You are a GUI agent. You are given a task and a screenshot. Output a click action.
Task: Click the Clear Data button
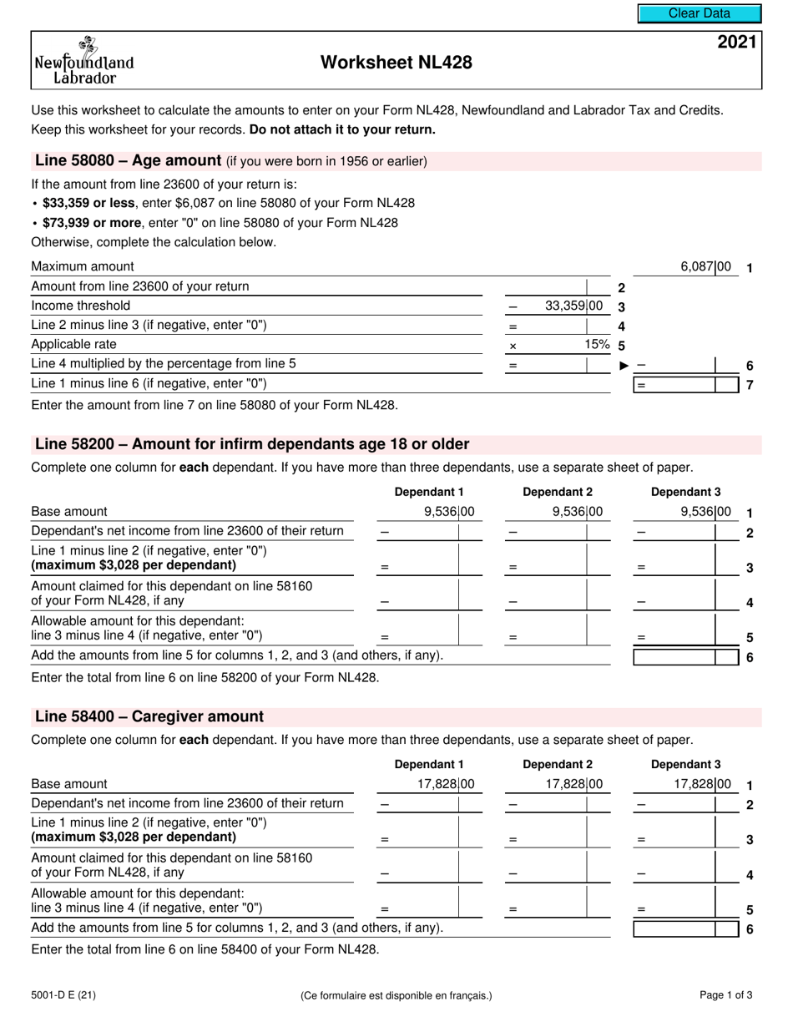click(699, 13)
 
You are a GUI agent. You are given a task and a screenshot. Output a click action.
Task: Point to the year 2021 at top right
click(737, 43)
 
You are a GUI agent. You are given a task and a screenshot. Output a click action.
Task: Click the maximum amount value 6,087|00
click(705, 267)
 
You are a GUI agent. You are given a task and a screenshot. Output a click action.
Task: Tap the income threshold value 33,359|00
click(573, 306)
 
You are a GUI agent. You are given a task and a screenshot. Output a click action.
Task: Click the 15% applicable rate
click(596, 344)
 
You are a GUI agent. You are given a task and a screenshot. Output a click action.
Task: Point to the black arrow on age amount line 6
click(624, 365)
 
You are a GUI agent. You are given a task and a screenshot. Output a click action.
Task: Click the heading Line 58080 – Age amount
click(128, 161)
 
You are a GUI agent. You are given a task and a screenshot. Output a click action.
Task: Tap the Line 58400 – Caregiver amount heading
click(149, 716)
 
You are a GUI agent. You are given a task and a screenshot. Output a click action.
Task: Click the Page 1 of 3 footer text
click(725, 994)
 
